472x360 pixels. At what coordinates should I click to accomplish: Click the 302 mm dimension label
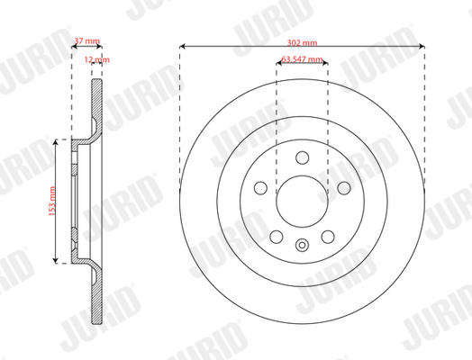[302, 42]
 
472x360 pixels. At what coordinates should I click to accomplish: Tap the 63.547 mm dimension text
[302, 58]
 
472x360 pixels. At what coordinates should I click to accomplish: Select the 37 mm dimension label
[87, 40]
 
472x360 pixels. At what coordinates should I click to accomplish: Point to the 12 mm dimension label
[97, 59]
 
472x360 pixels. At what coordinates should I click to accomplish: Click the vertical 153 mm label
[52, 202]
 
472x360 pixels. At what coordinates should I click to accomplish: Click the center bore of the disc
[302, 202]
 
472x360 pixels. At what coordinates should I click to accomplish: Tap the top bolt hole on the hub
[303, 157]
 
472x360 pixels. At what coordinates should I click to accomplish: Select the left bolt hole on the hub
[260, 188]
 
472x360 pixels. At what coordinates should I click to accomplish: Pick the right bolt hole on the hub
[344, 188]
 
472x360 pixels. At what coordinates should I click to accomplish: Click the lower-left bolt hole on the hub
[277, 237]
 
